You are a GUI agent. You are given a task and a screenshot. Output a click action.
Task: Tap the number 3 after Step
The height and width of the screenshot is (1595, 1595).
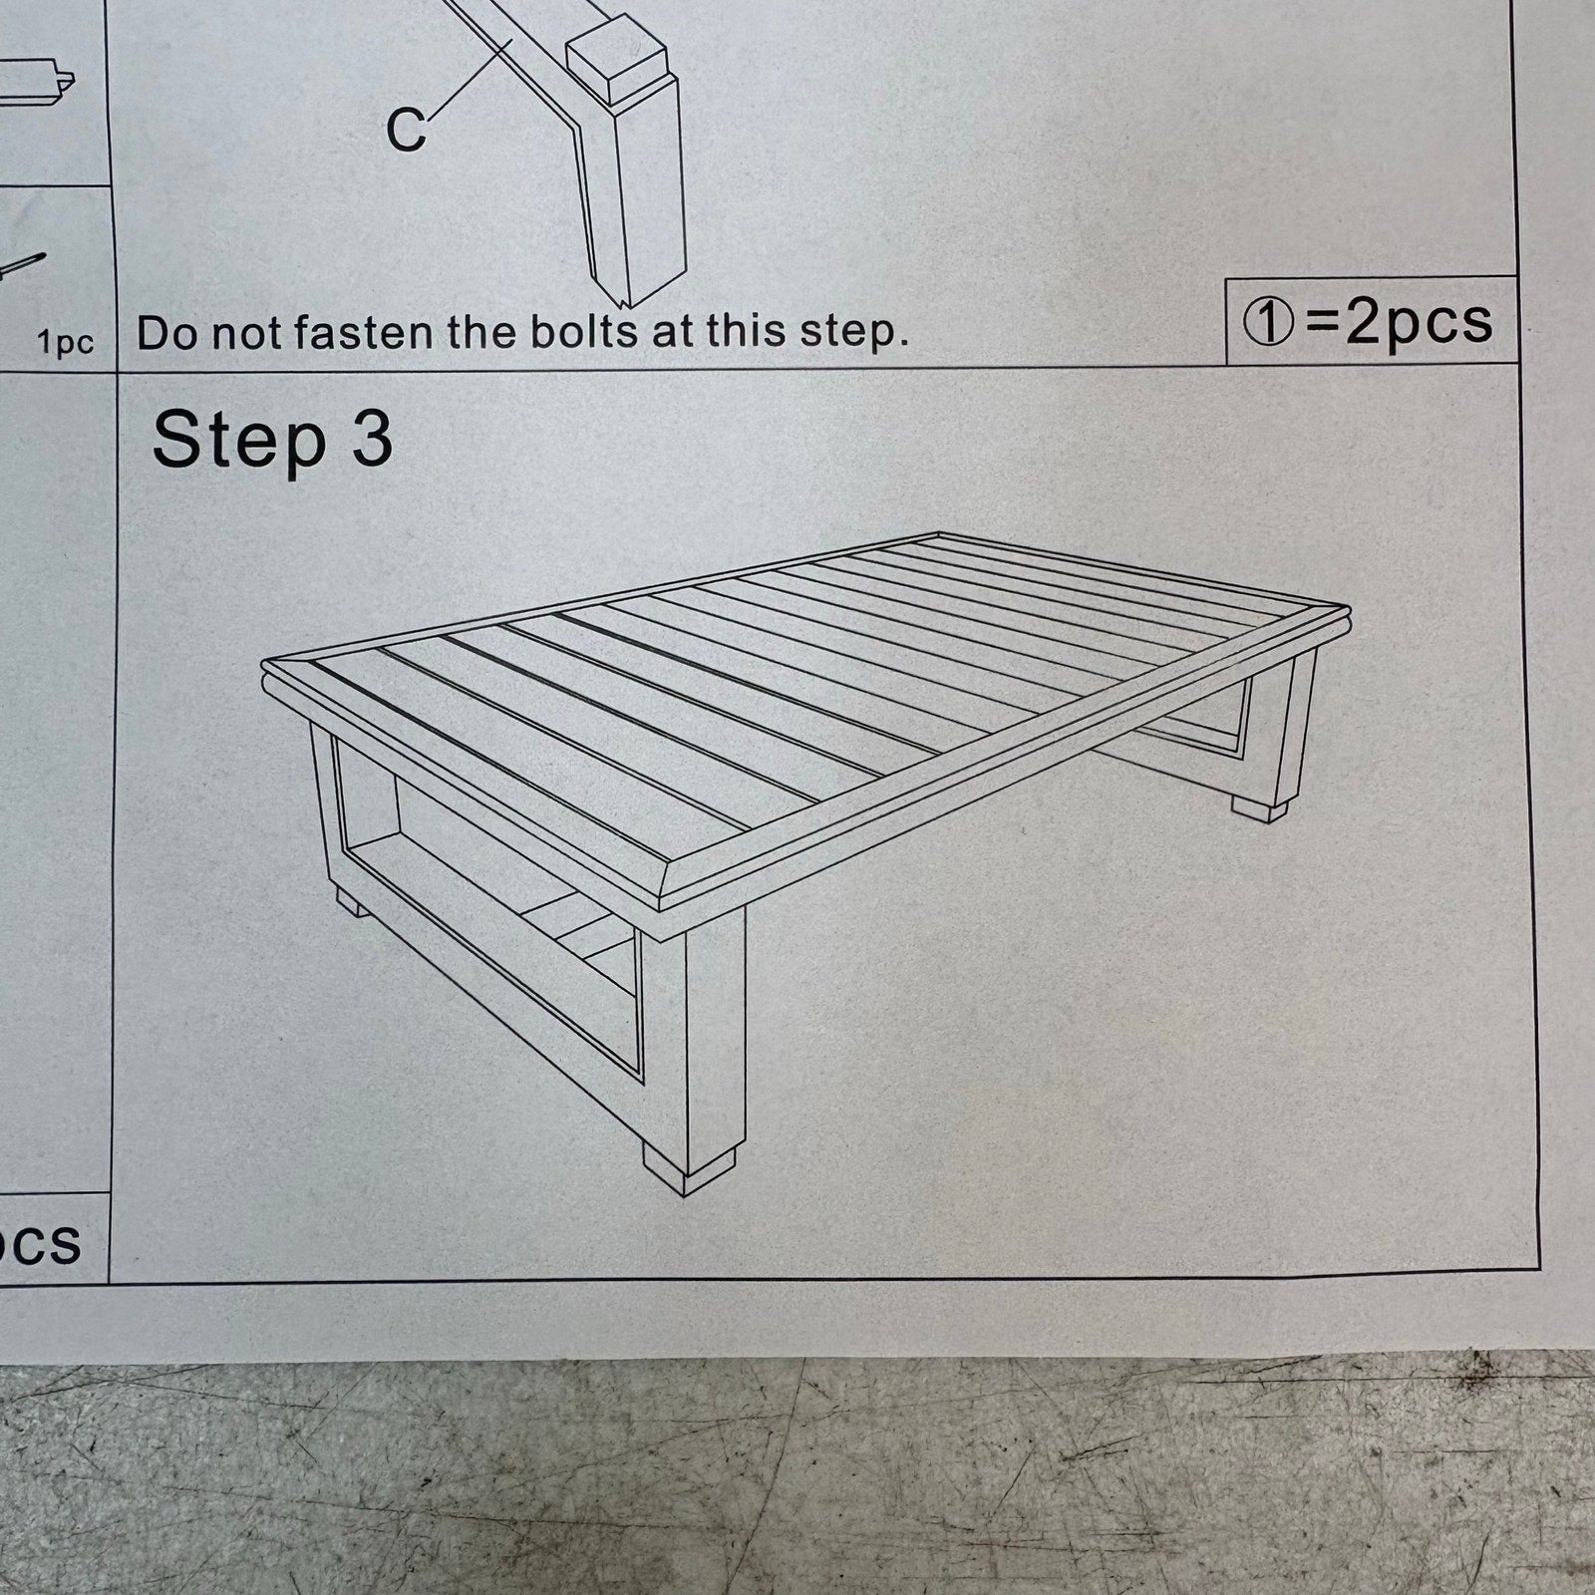pos(372,439)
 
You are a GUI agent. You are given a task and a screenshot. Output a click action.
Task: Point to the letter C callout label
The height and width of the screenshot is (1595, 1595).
pos(406,130)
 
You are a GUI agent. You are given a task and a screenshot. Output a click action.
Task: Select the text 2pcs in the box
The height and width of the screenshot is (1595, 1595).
pos(1419,323)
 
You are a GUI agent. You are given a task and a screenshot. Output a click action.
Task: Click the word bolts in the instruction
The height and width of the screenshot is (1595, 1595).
pos(583,331)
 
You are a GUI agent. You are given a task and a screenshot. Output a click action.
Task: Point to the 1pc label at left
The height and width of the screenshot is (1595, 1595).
pos(66,343)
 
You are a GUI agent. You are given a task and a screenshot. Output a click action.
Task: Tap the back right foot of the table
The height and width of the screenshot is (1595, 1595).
pos(1260,806)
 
